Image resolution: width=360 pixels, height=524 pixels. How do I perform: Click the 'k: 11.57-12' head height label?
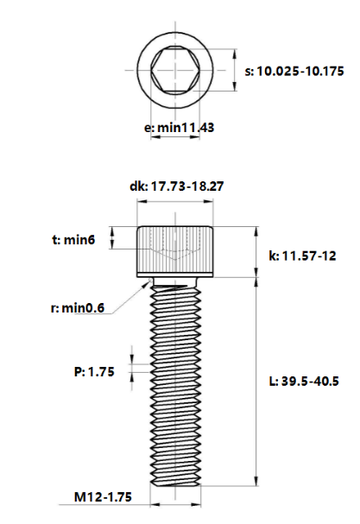[303, 256]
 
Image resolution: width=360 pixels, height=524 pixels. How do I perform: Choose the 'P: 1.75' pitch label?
[94, 372]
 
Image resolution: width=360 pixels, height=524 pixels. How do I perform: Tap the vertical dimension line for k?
[256, 252]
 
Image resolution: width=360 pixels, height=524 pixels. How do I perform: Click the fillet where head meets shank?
[152, 281]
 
